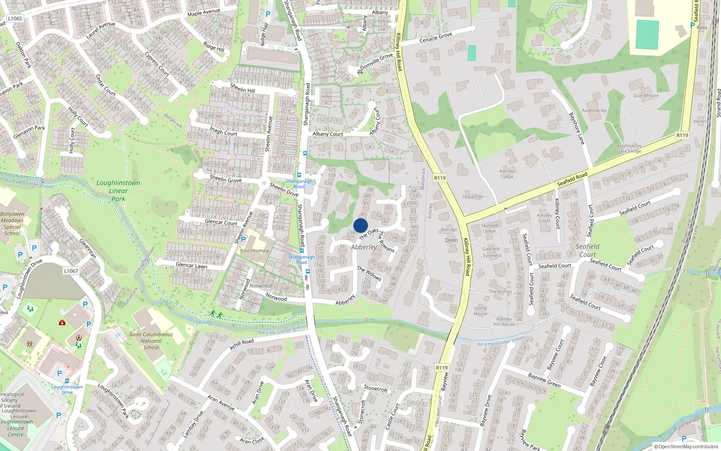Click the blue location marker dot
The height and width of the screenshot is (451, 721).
(360, 225)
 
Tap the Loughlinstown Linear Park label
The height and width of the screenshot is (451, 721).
(118, 191)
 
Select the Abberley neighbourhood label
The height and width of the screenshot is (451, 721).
(364, 247)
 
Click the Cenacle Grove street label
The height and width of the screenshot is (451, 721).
(435, 37)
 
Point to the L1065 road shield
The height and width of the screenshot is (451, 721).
(15, 18)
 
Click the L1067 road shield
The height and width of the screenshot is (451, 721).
(71, 271)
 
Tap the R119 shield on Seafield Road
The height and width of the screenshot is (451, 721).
(682, 135)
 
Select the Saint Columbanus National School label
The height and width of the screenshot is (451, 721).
(151, 341)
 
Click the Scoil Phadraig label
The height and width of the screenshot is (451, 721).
(254, 251)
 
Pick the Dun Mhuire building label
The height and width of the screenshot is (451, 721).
(646, 96)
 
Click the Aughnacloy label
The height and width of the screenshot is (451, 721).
(594, 110)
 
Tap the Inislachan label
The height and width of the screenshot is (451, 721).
(473, 197)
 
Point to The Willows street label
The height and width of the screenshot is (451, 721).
(370, 274)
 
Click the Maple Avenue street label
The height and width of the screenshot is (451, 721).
(204, 13)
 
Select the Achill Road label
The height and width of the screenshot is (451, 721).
(242, 344)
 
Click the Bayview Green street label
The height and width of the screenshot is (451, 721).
(544, 381)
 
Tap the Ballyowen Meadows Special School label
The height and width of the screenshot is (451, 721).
(12, 224)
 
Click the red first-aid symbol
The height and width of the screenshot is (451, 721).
(62, 322)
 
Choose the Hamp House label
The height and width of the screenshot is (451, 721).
(480, 311)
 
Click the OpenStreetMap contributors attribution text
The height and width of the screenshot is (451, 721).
(686, 446)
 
